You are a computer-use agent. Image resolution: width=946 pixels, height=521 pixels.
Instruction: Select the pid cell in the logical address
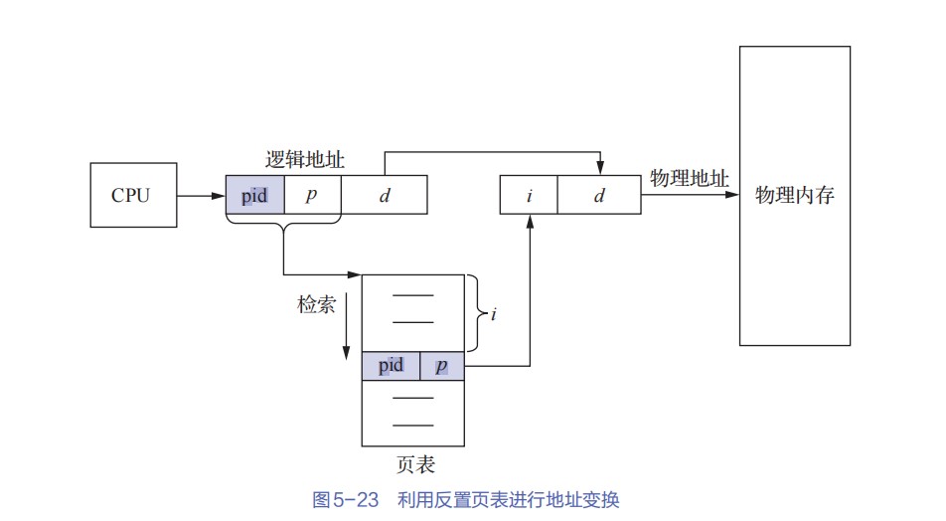[x=255, y=195]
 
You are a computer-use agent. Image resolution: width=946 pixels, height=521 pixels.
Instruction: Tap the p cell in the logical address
[x=312, y=195]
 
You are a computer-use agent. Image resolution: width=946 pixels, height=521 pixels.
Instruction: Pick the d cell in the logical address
[x=385, y=195]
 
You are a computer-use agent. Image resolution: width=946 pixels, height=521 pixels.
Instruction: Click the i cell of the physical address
[x=529, y=195]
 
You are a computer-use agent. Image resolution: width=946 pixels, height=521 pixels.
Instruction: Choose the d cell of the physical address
[x=599, y=195]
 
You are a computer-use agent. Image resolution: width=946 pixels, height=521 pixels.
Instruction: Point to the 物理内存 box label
[x=794, y=195]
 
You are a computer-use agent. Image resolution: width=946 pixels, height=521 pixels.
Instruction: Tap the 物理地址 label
[x=689, y=179]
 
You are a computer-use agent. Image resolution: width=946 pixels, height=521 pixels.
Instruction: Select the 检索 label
[x=316, y=304]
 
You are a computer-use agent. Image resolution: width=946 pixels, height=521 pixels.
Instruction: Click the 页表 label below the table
[x=414, y=464]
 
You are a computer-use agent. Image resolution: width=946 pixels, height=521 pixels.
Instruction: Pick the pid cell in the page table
[x=392, y=366]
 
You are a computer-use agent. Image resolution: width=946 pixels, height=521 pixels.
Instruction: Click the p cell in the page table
[x=442, y=366]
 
